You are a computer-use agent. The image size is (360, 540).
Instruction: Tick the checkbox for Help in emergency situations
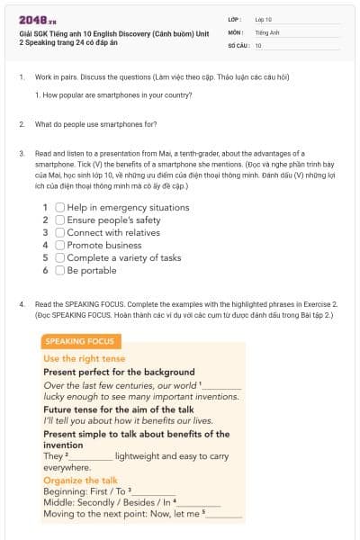59,207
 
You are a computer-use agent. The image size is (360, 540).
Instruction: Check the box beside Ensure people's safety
59,220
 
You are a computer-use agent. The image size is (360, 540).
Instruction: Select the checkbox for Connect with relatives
59,232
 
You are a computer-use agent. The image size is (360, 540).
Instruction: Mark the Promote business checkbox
59,245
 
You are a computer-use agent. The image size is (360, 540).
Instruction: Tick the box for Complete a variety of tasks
59,257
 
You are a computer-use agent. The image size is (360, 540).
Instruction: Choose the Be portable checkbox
59,270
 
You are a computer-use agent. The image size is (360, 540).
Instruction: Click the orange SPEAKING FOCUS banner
79,342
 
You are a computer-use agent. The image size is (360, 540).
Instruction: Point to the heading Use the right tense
84,358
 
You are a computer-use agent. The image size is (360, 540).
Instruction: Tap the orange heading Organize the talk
80,481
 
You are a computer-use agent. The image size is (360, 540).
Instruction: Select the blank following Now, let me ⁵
225,515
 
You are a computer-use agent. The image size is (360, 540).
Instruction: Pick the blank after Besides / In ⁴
200,503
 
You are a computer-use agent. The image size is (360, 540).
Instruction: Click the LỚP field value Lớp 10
263,18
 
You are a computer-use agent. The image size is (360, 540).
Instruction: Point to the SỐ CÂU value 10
258,45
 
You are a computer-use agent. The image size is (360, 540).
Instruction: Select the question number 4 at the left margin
22,304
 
